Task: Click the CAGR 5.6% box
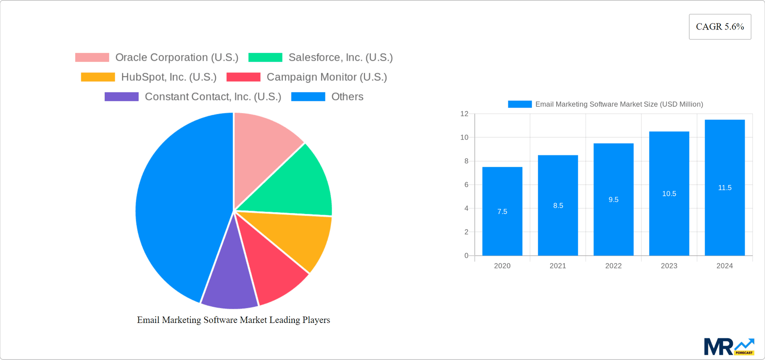[x=720, y=27]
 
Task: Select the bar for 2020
[x=502, y=211]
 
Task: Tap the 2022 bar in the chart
[x=613, y=199]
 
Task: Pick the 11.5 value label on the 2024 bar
[x=724, y=188]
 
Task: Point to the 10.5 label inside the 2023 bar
[x=669, y=194]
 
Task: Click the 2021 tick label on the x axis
[x=558, y=266]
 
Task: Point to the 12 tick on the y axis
[x=464, y=114]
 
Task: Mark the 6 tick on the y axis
[x=466, y=185]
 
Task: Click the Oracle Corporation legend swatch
[x=92, y=57]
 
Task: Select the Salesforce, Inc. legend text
[x=340, y=57]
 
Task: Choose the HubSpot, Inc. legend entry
[x=169, y=77]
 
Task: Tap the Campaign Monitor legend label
[x=326, y=77]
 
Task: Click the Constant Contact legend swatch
[x=122, y=96]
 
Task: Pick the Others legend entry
[x=347, y=96]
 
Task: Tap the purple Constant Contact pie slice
[x=229, y=279]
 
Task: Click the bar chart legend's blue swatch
[x=520, y=104]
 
